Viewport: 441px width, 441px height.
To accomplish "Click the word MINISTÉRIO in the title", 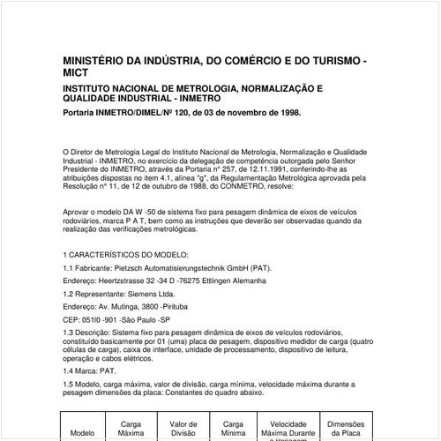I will pyautogui.click(x=96, y=61).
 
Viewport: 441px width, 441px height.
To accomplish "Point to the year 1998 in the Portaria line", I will pyautogui.click(x=284, y=113).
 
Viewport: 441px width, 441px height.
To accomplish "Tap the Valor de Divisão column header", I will pyautogui.click(x=183, y=428).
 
